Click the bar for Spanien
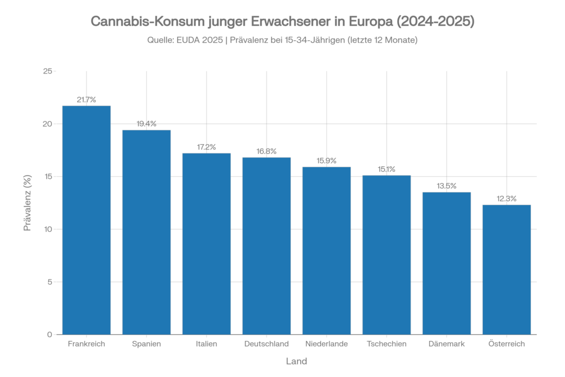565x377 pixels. [146, 232]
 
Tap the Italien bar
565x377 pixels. [206, 243]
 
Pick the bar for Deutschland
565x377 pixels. [266, 246]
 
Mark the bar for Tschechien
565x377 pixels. [386, 254]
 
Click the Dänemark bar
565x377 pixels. [446, 263]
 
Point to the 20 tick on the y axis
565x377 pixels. [49, 124]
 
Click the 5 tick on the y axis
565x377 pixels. [50, 282]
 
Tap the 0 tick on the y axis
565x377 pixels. [50, 334]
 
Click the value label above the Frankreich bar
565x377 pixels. [87, 100]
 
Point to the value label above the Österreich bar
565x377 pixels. [507, 199]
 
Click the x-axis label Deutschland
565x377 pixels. [266, 344]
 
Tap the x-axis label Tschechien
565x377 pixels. [386, 344]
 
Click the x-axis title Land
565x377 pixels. [297, 362]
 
